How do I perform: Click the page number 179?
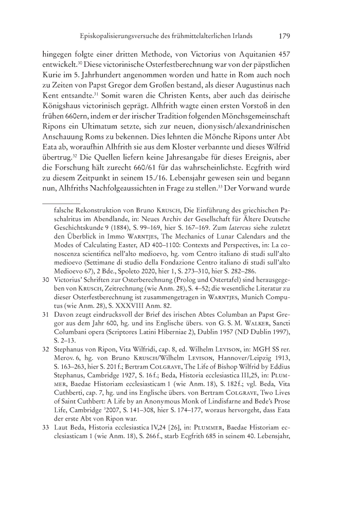point(285,37)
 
